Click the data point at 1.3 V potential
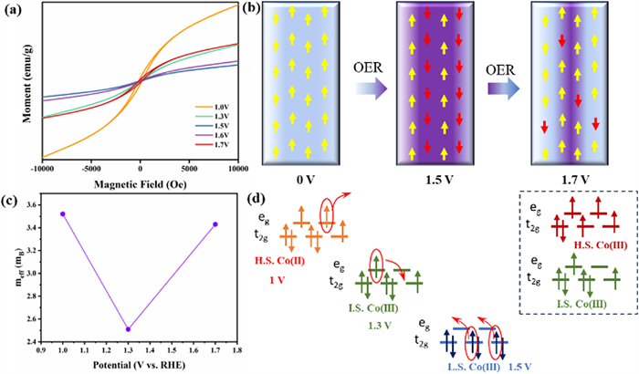coord(129,329)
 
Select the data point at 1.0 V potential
coord(63,213)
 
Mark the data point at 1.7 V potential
coord(215,223)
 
